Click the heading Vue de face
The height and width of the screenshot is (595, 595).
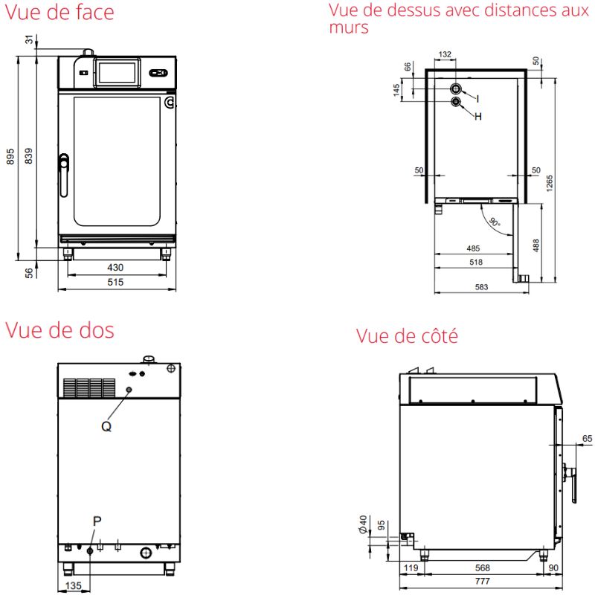point(59,12)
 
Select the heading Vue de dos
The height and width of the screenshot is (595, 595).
point(59,330)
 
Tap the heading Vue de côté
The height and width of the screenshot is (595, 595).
point(407,336)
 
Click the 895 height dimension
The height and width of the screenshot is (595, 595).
point(10,156)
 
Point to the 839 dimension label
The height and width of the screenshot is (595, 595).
point(28,156)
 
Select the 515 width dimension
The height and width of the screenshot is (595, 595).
point(115,282)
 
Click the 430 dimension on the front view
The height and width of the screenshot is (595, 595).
point(115,268)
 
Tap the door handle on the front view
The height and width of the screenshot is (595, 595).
point(64,175)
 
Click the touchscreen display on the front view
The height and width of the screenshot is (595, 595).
point(117,73)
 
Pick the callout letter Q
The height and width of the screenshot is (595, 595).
point(106,426)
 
